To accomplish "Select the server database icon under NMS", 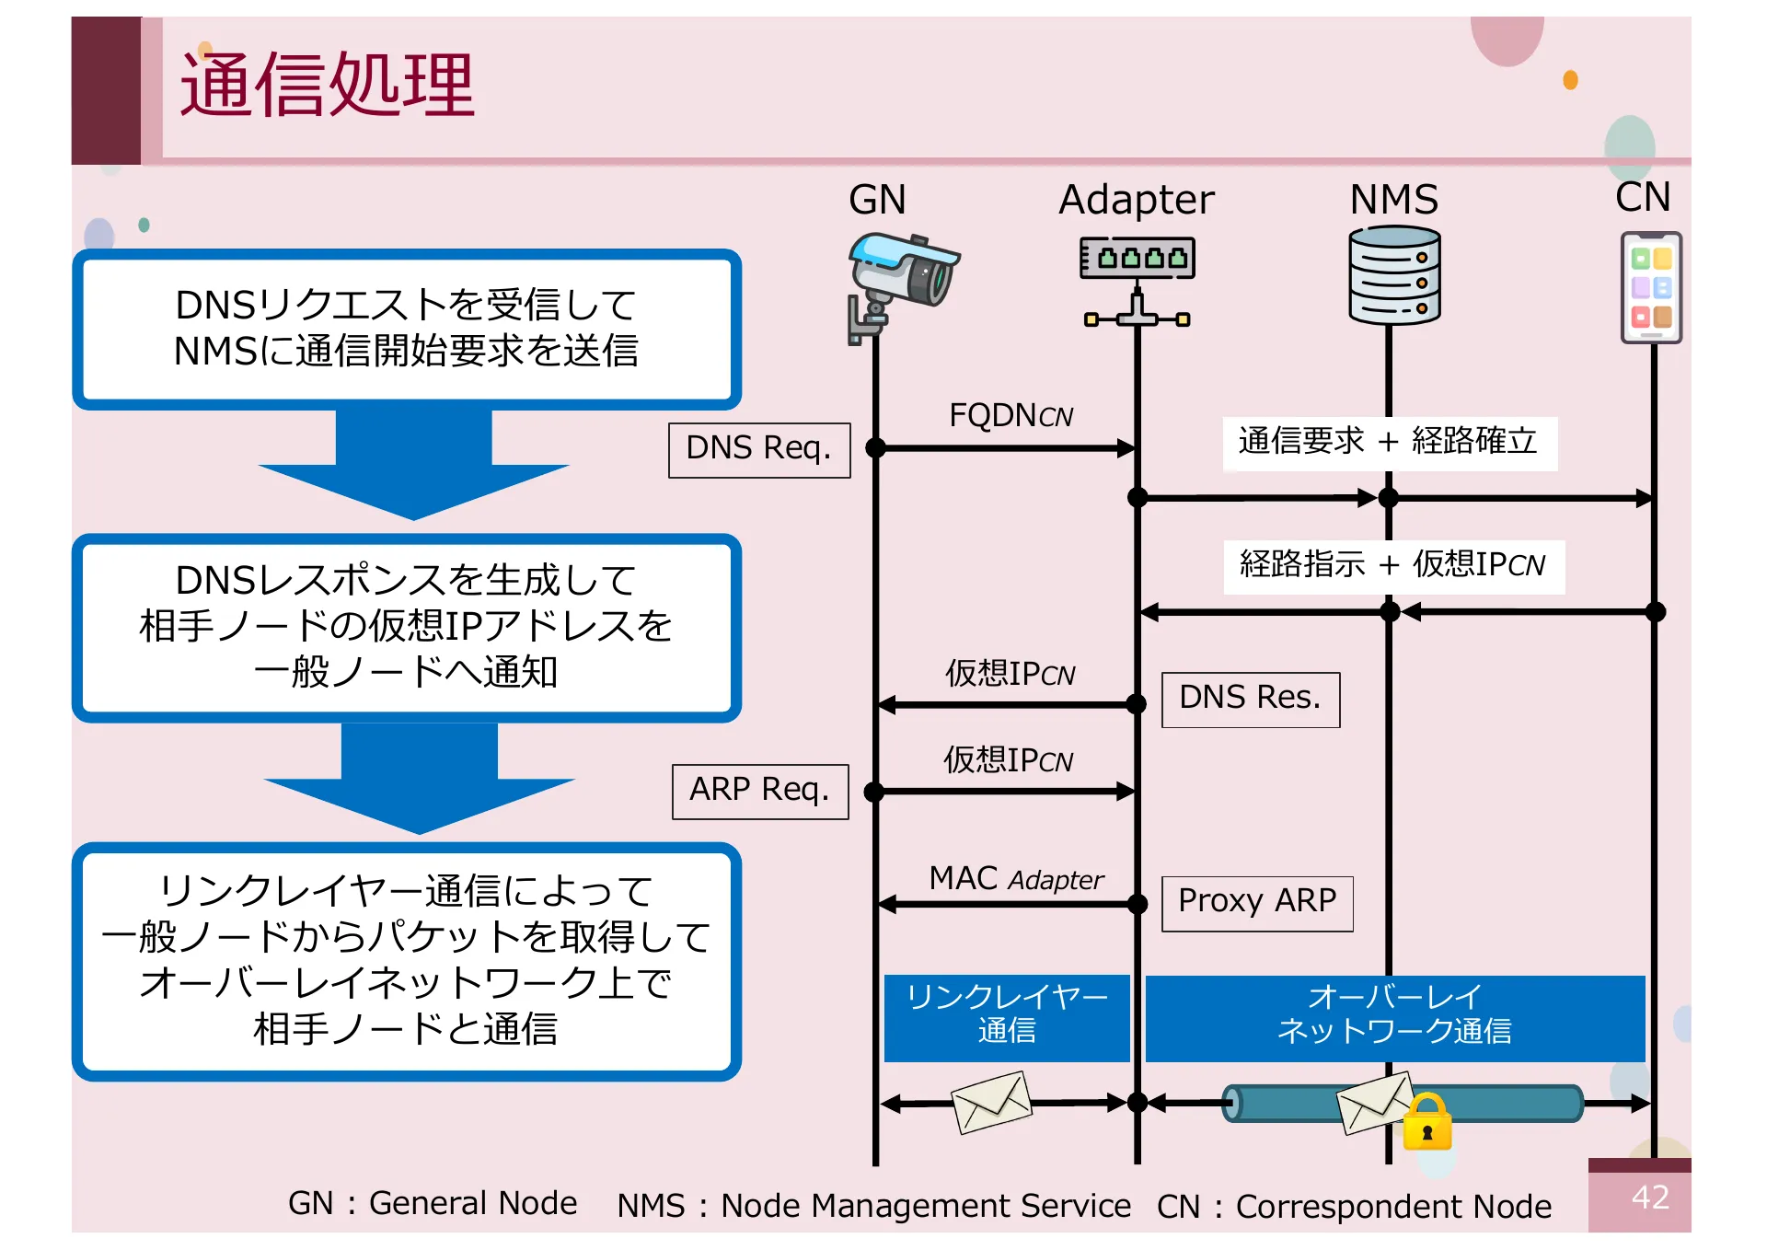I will click(1393, 276).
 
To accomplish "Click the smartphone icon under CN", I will click(1651, 288).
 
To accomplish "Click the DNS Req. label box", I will click(759, 449).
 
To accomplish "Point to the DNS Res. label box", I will click(1250, 700).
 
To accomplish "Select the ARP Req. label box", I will click(760, 791).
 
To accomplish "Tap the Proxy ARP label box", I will click(1257, 902).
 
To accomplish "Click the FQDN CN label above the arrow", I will click(1011, 416).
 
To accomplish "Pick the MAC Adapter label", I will click(1015, 879).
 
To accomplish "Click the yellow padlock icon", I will click(1426, 1123).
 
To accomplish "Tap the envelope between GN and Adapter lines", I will click(991, 1102).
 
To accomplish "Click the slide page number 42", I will click(1649, 1197).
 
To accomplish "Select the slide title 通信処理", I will click(327, 85).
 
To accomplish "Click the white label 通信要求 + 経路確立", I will click(1388, 442).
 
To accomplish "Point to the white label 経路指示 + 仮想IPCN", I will click(1392, 565).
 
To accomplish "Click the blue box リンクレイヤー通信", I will click(1007, 1016).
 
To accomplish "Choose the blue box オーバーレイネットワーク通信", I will click(1394, 1016).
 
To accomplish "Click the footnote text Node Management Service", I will click(925, 1206).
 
